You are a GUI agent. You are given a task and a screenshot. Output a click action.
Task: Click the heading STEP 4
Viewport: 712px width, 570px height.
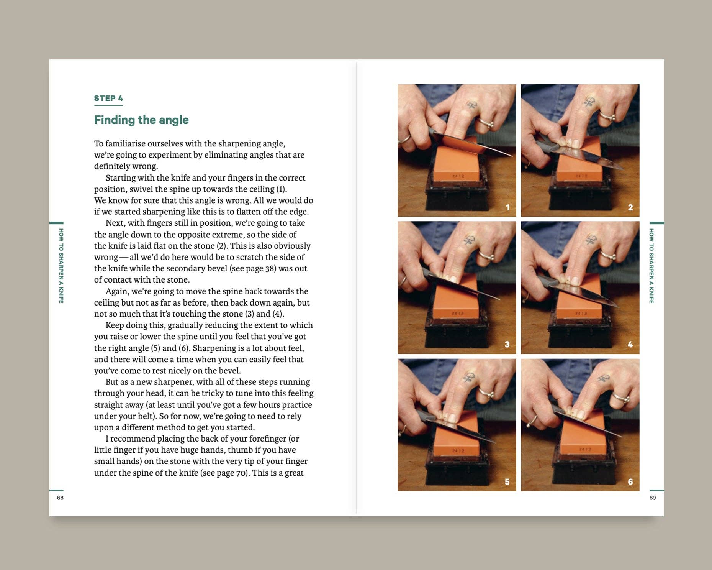[x=108, y=98]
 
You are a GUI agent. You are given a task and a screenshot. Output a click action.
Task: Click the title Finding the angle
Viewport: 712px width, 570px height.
[x=141, y=120]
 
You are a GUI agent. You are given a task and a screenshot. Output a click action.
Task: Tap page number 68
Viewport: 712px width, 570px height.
[x=60, y=498]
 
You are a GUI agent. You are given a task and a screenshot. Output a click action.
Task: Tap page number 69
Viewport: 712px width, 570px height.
[x=653, y=498]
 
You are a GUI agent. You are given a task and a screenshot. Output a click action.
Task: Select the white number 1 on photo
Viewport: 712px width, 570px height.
[x=508, y=207]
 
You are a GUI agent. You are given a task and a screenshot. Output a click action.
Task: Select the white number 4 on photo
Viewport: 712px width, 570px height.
[x=630, y=344]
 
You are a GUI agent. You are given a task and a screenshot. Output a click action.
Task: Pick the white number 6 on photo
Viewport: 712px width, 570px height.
[x=630, y=481]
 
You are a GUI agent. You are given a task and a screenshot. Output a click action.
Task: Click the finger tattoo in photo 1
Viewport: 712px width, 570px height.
[x=471, y=105]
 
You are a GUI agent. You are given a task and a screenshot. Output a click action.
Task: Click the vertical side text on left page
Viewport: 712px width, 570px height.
[x=61, y=266]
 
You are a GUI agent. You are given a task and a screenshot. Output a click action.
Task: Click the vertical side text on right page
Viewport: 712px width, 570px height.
[x=651, y=266]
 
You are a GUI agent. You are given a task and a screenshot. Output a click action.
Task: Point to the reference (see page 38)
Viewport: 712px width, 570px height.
[x=253, y=268]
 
